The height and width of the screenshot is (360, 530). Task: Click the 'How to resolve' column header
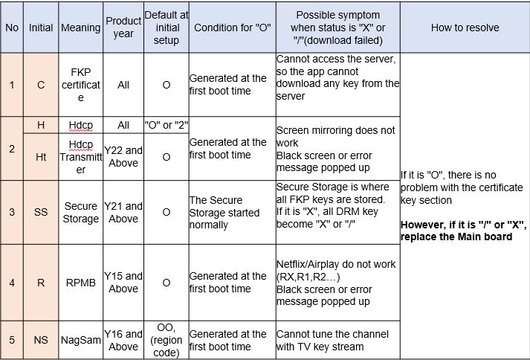pos(465,28)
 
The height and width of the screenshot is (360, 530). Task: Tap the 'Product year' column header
pos(123,28)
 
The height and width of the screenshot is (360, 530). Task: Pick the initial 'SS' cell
pos(41,213)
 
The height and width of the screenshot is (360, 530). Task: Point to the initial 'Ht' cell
pos(41,157)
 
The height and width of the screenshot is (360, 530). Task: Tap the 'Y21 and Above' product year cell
pos(123,213)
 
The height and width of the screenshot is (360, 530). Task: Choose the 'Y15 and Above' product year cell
pos(123,283)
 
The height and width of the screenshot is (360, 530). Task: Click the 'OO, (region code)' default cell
pos(166,340)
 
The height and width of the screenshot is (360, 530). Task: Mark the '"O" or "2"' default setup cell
pos(166,125)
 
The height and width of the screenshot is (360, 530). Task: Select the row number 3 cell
pos(12,213)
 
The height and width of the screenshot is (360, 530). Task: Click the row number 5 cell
pos(12,340)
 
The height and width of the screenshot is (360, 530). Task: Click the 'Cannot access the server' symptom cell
pos(337,77)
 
